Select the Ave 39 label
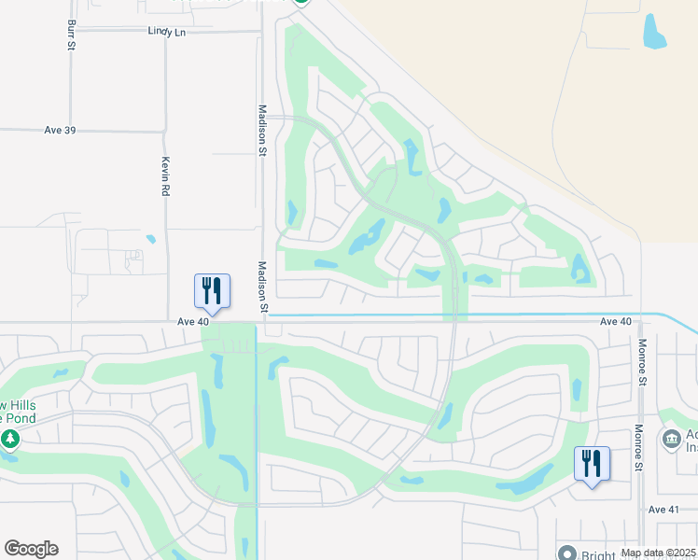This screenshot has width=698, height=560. coord(60,131)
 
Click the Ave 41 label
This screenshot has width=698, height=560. coord(664,510)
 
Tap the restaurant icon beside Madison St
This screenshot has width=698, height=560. coord(212,291)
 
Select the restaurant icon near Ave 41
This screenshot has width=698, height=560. coord(592,464)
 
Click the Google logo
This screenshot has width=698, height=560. coord(31,549)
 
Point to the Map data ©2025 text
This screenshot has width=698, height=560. coord(657,553)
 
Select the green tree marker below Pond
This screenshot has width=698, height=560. coord(10,439)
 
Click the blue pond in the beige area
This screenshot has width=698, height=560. coord(655,31)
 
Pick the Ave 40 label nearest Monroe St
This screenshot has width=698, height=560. coord(616,322)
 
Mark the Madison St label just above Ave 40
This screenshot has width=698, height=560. coord(264,286)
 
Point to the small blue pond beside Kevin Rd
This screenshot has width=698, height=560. coord(151,239)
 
